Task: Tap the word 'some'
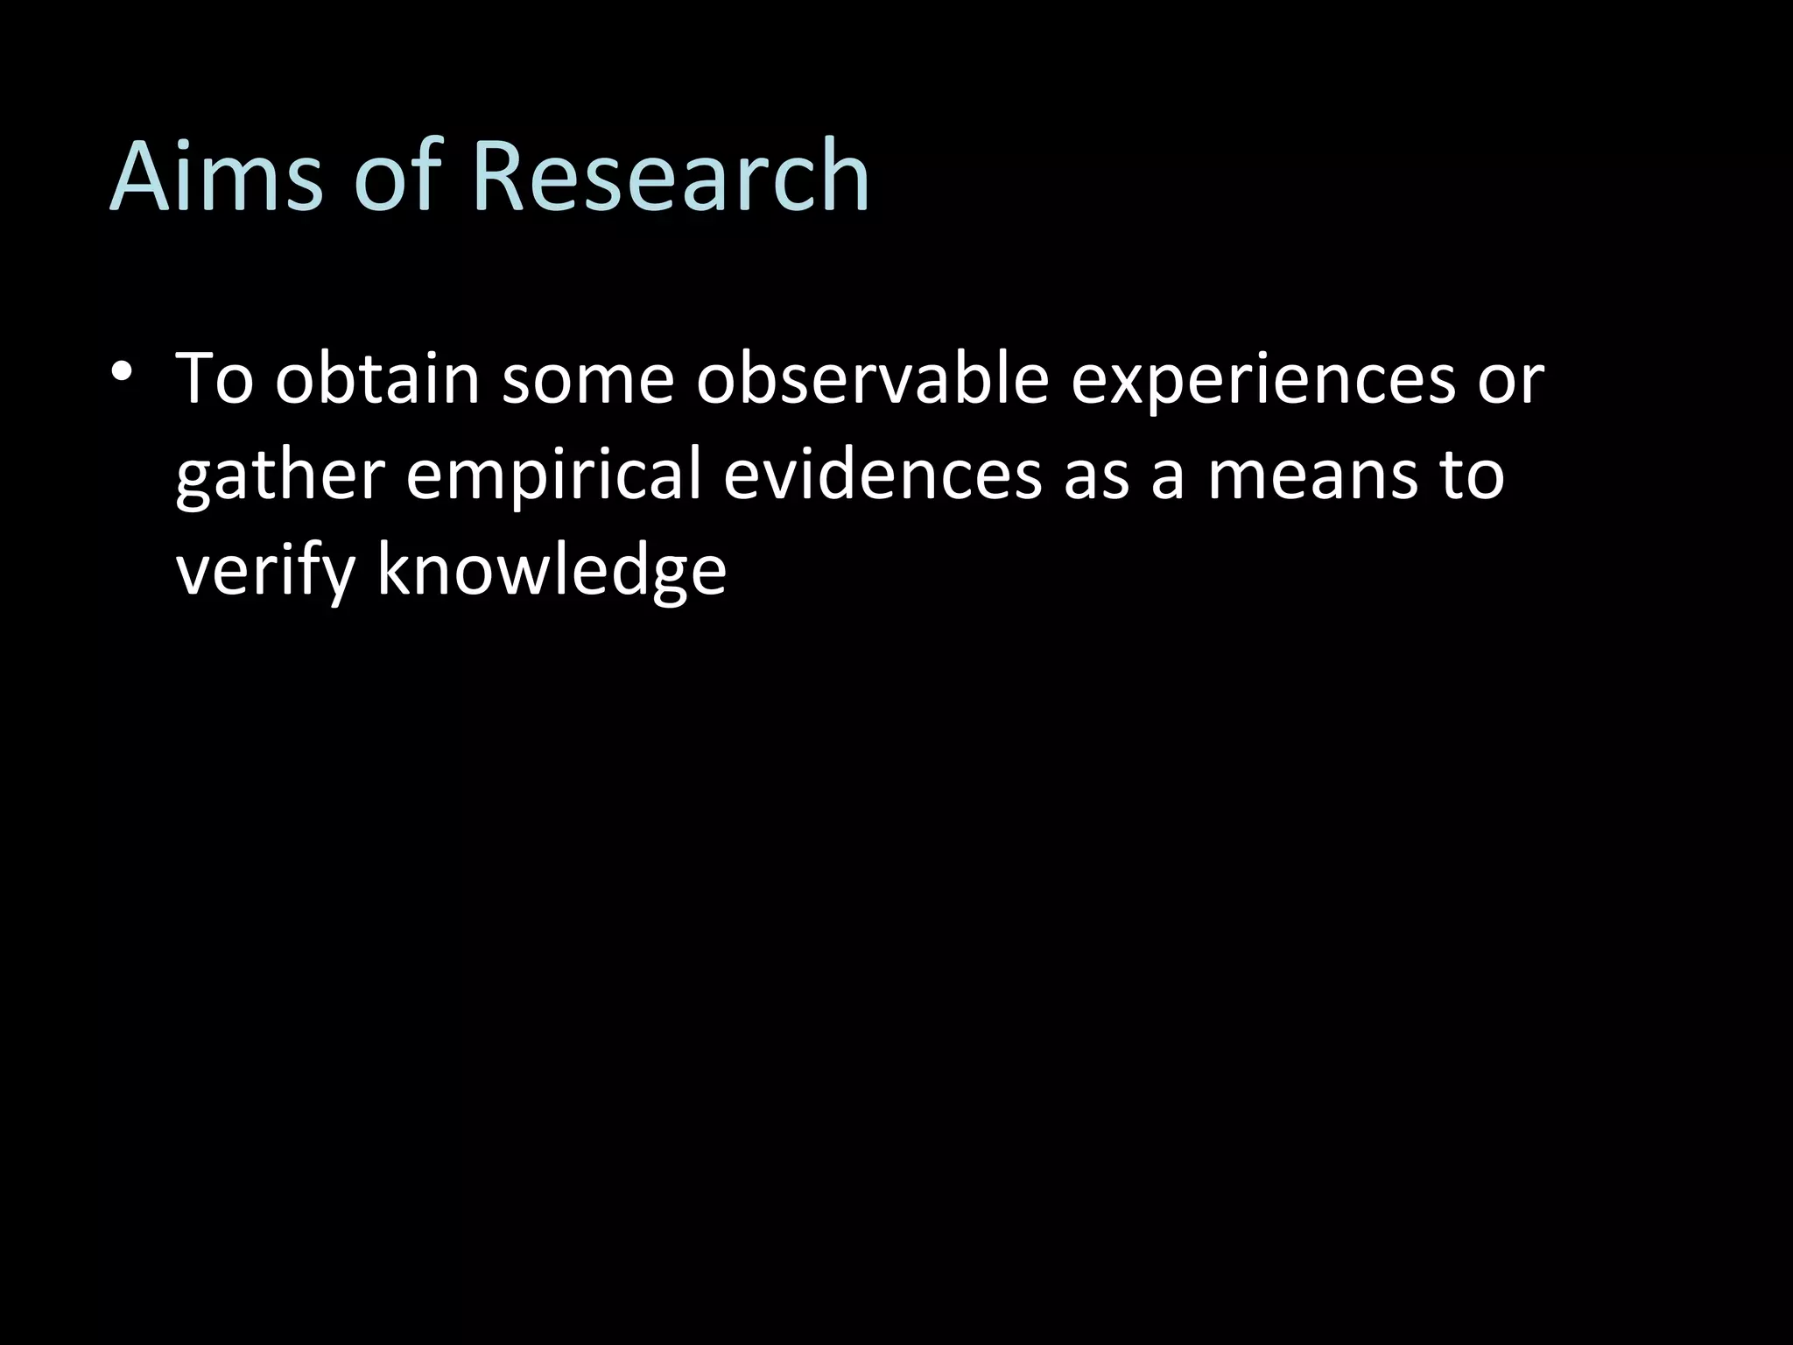pyautogui.click(x=587, y=382)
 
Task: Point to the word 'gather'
pyautogui.click(x=280, y=477)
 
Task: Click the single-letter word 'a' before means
pyautogui.click(x=1168, y=478)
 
